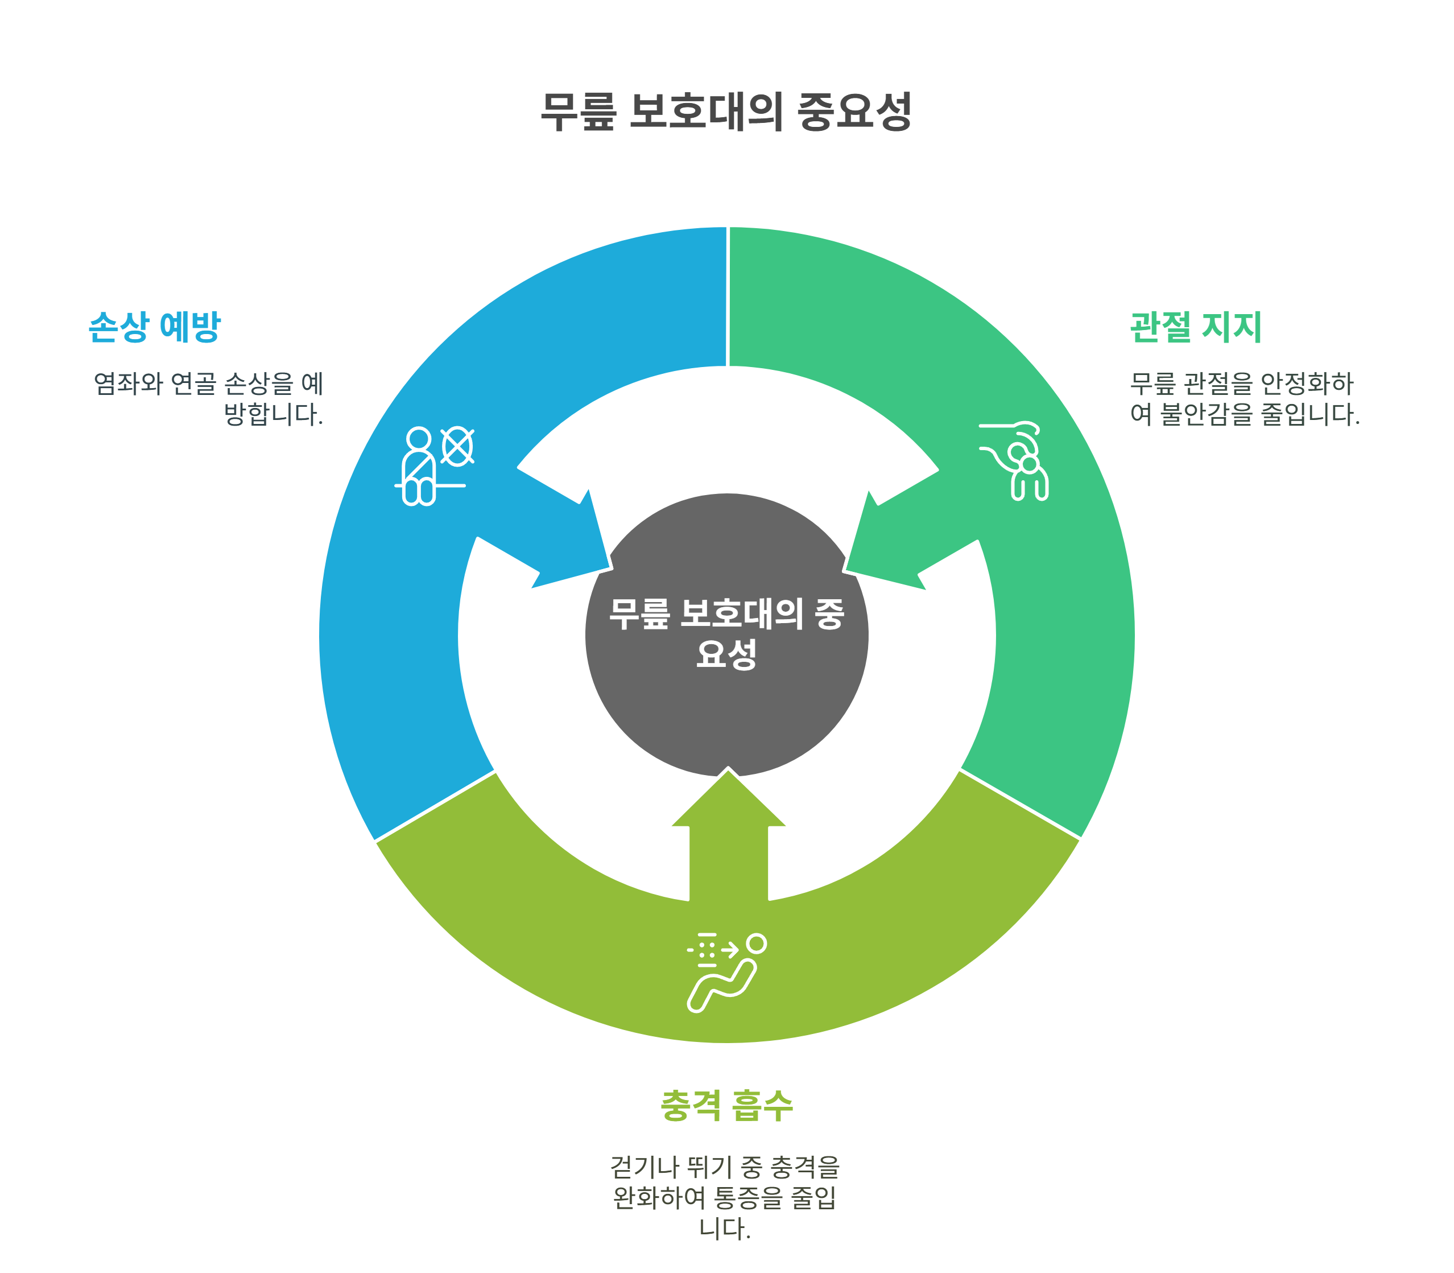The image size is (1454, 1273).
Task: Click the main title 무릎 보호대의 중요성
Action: tap(726, 112)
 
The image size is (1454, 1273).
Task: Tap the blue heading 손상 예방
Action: tap(154, 327)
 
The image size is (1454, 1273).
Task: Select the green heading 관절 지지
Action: tap(1196, 327)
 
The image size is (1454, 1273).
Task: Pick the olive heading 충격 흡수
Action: tap(726, 1106)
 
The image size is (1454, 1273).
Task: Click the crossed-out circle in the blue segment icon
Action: tap(457, 447)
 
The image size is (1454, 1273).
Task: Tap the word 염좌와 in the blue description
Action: tap(129, 384)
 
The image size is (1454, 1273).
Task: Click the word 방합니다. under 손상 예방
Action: tap(273, 414)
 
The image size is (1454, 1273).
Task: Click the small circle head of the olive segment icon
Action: tap(757, 944)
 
